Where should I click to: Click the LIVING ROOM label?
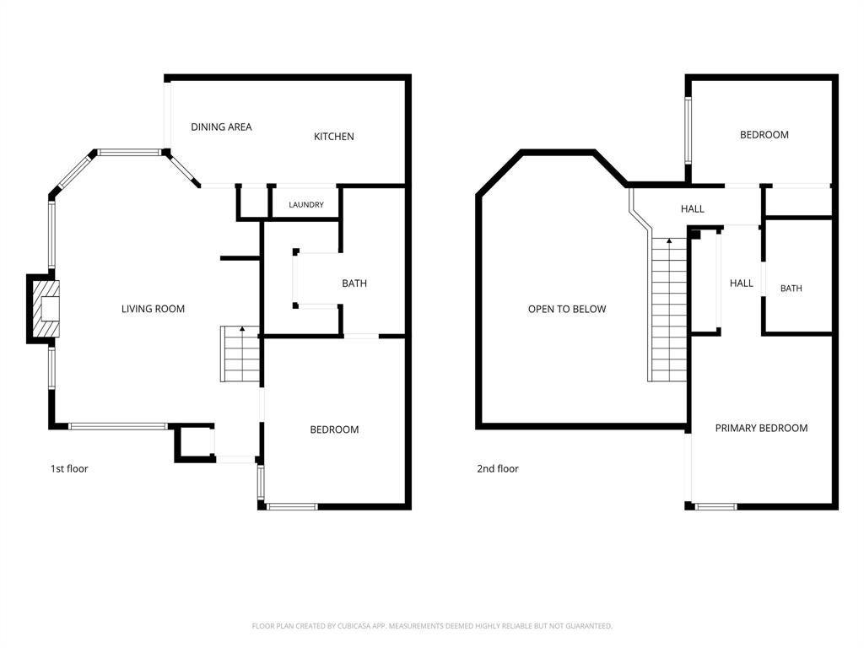pos(153,309)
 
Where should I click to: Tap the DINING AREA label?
pos(221,127)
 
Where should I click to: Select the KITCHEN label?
pos(333,137)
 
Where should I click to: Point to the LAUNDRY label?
pos(305,205)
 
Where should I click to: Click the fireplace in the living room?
pos(46,309)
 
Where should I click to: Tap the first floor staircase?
pos(240,354)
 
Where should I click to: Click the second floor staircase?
pos(668,310)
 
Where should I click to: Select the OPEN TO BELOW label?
pos(566,309)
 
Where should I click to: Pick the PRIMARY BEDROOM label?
pos(761,428)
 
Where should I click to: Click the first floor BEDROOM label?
pos(334,429)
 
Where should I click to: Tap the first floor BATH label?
pos(354,283)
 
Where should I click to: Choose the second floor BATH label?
pos(791,289)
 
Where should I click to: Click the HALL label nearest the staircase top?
pos(692,209)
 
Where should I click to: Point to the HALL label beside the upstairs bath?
pos(741,283)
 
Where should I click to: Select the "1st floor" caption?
pos(69,469)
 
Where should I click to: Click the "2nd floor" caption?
pos(498,469)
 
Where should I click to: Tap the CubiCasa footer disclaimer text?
pos(432,626)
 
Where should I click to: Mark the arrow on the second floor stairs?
pos(669,240)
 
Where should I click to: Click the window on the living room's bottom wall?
pos(117,426)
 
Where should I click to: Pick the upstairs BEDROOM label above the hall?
pos(764,135)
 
